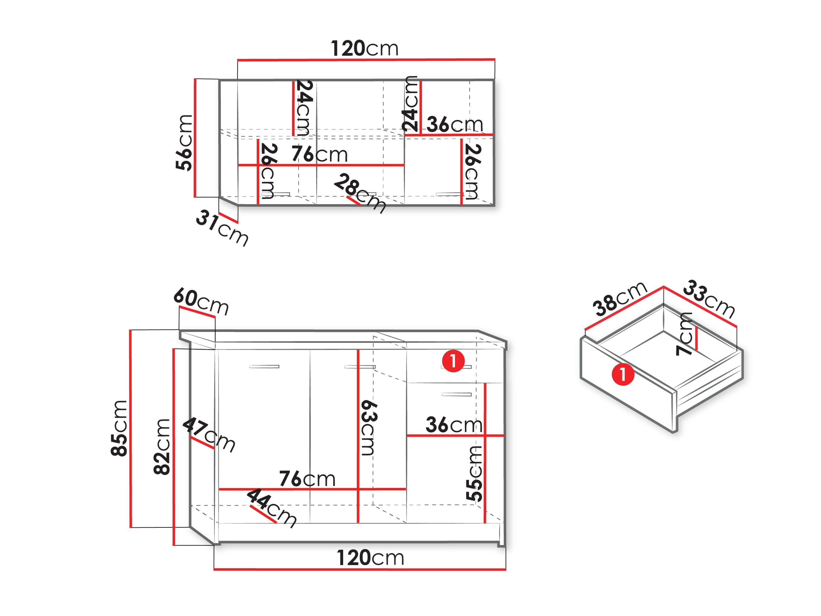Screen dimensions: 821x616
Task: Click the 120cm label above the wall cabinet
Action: pyautogui.click(x=365, y=49)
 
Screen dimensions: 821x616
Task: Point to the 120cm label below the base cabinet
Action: pyautogui.click(x=370, y=558)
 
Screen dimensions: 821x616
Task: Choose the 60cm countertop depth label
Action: pyautogui.click(x=201, y=301)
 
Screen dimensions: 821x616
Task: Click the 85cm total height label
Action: pyautogui.click(x=119, y=428)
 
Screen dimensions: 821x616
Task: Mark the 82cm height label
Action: pyautogui.click(x=162, y=447)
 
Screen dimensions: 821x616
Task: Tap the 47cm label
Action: pyautogui.click(x=209, y=435)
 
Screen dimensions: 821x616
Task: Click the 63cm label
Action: pyautogui.click(x=369, y=428)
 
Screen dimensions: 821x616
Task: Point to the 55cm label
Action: pyautogui.click(x=474, y=474)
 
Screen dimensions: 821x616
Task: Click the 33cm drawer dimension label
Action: pyautogui.click(x=709, y=299)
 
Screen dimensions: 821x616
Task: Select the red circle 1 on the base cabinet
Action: pyautogui.click(x=453, y=360)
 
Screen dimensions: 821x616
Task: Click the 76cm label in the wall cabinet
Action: pyautogui.click(x=320, y=154)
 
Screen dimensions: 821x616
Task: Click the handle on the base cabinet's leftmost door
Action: pyautogui.click(x=264, y=367)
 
